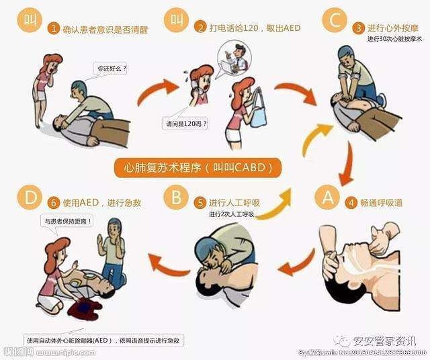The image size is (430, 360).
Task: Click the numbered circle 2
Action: coord(200,28)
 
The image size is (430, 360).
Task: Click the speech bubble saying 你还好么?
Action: coord(112,69)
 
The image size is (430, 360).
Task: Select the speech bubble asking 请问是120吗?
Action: coord(185,124)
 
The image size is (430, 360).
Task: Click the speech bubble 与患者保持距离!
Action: coord(64,221)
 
